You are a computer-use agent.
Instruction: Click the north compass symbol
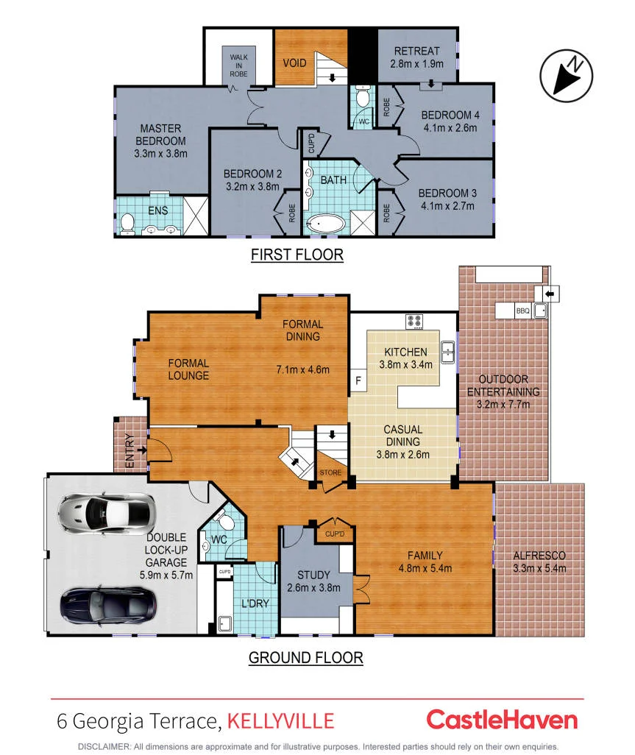566,76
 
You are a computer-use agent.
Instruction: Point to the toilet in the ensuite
127,224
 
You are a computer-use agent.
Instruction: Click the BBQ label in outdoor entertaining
523,311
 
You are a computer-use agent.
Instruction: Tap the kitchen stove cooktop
414,321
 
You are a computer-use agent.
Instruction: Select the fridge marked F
358,381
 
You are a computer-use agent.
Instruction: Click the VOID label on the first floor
294,63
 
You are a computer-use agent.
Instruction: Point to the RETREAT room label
417,51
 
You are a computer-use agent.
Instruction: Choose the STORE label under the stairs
330,473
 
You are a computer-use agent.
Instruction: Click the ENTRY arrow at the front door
142,450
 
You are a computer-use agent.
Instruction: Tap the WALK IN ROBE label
239,65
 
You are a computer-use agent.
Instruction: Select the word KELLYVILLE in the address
280,721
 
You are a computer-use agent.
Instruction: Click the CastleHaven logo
502,720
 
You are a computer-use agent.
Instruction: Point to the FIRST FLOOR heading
297,255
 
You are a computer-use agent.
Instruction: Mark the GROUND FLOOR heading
305,658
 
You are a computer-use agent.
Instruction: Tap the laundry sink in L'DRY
225,623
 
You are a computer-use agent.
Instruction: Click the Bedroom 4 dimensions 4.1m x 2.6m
450,128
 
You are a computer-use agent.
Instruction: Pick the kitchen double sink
447,352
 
